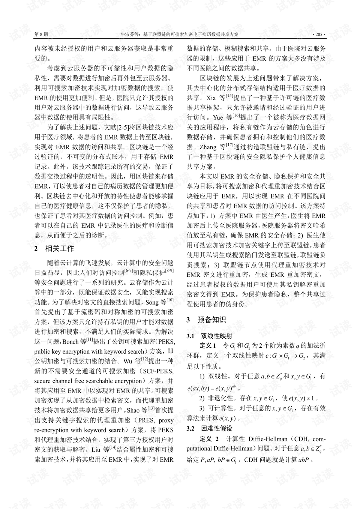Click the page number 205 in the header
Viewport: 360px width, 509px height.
click(319, 34)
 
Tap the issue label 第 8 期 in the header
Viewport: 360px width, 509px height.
click(41, 34)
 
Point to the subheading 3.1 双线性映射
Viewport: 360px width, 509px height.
click(210, 336)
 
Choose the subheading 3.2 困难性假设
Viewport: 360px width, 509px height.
click(210, 428)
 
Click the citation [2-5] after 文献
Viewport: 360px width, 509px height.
click(122, 127)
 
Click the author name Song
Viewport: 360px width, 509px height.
click(152, 302)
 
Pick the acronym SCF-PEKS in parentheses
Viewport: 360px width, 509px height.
click(159, 371)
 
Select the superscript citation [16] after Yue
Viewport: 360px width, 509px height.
click(236, 115)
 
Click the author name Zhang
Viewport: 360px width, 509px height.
click(208, 147)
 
